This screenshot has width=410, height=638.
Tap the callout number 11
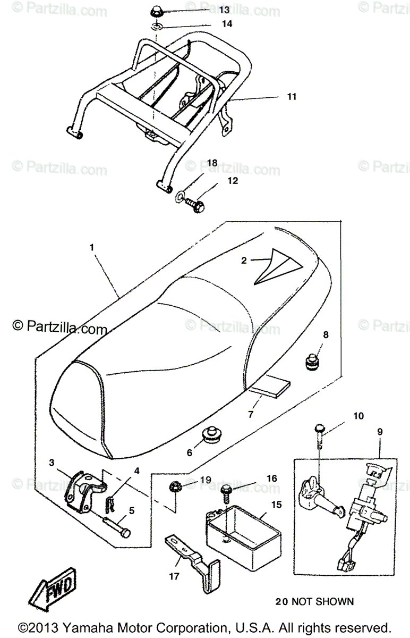292,97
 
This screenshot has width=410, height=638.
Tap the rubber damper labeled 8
312,362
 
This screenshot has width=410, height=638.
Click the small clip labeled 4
110,501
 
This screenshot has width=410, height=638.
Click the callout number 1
91,247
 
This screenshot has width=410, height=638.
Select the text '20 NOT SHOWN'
314,602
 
